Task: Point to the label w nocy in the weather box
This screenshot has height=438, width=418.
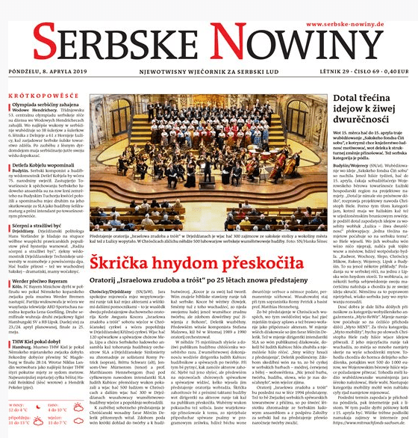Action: (14, 404)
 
